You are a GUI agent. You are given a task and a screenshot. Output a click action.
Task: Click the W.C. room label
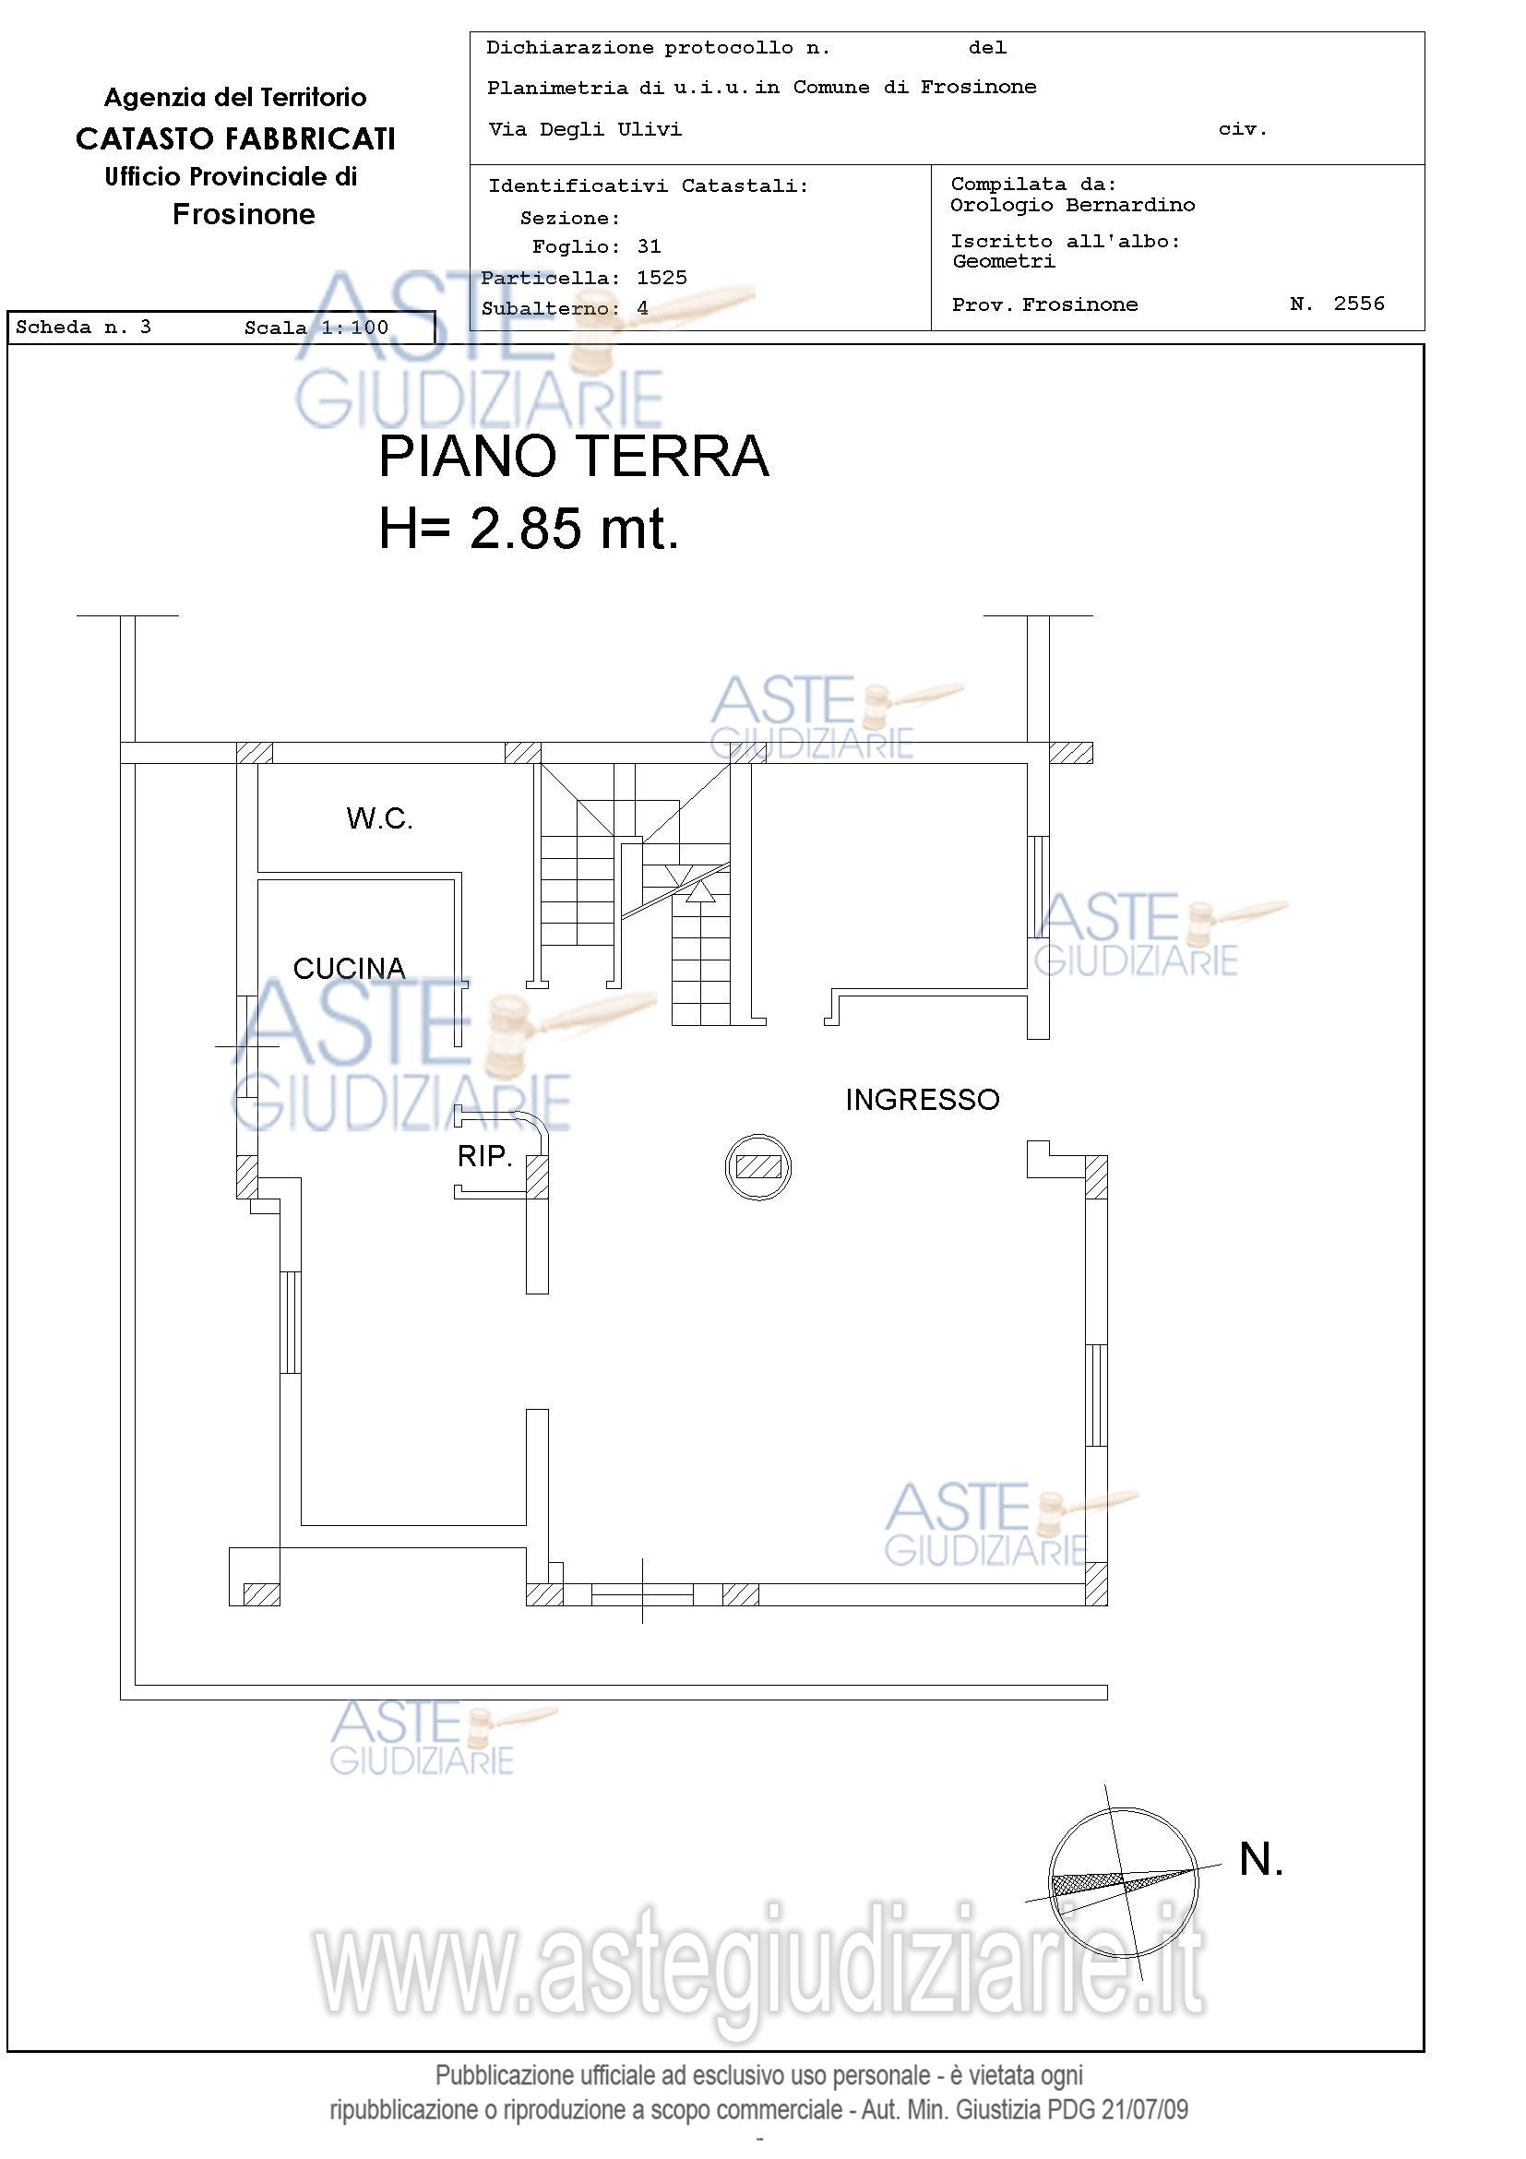click(x=379, y=818)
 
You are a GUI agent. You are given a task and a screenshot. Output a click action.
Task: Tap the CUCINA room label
click(x=349, y=969)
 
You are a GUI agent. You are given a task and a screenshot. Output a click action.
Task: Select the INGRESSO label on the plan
click(x=922, y=1099)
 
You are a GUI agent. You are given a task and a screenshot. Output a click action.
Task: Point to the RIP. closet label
click(x=484, y=1156)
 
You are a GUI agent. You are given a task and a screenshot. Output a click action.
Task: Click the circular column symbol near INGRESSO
click(x=757, y=1167)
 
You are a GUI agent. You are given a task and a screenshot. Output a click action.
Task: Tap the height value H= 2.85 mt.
click(x=529, y=528)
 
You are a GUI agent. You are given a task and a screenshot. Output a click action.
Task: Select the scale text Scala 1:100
click(x=316, y=328)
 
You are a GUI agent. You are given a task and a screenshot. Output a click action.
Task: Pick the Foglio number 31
click(x=649, y=246)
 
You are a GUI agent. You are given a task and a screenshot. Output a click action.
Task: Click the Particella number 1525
click(x=662, y=278)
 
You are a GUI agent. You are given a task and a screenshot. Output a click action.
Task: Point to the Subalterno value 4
click(x=642, y=308)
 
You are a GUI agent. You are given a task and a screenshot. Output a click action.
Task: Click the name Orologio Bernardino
click(x=1073, y=205)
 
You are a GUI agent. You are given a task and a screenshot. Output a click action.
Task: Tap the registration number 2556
click(x=1359, y=303)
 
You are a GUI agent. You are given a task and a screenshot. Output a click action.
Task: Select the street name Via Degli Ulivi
click(x=585, y=130)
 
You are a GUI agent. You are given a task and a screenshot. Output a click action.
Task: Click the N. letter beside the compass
click(x=1261, y=1859)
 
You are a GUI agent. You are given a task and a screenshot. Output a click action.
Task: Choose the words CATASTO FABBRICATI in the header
click(x=236, y=139)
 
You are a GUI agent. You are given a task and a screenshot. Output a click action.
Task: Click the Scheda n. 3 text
click(x=84, y=328)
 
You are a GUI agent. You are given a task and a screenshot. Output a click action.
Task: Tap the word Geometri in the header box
click(x=1003, y=261)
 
